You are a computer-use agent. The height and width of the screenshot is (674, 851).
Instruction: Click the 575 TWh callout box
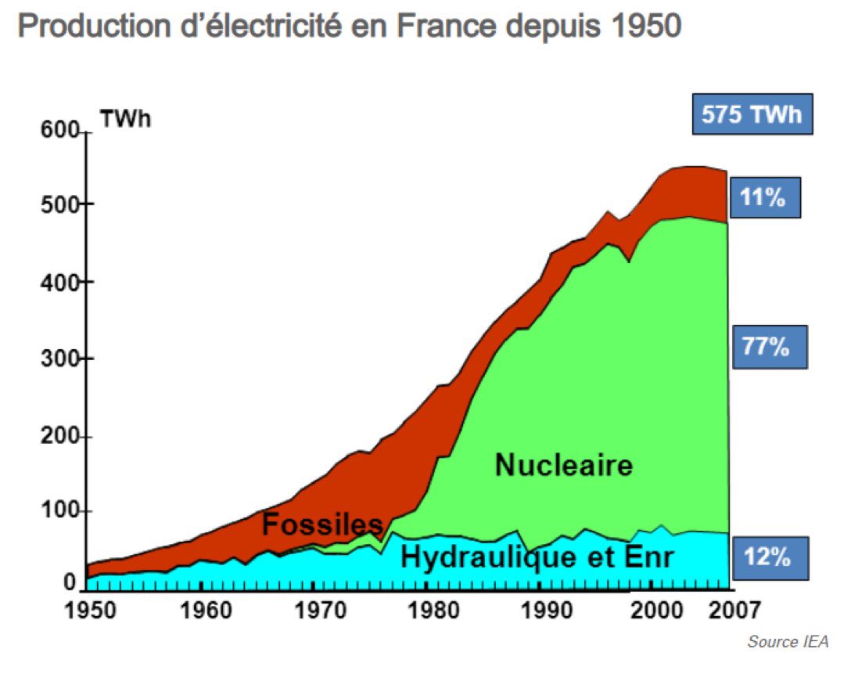752,114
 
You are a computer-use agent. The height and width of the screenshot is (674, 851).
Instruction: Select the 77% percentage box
768,347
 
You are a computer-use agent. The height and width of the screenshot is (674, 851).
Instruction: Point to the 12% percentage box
768,558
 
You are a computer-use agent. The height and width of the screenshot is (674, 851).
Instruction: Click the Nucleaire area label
563,466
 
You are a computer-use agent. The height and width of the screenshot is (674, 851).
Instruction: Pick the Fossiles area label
322,524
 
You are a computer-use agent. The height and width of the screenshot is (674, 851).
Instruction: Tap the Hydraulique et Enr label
537,558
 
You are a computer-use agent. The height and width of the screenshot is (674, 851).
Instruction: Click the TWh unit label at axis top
125,119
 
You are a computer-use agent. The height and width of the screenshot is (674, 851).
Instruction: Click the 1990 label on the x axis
540,610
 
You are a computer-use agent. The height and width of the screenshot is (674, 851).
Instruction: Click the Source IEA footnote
787,642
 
